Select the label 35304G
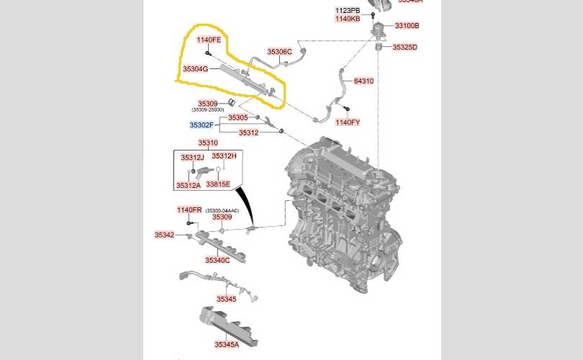click(195, 69)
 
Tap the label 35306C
click(279, 52)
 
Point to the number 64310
click(363, 81)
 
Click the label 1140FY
click(348, 122)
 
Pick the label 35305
click(238, 117)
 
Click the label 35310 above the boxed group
click(208, 143)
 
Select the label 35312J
click(193, 157)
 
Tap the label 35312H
click(224, 156)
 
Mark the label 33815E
click(218, 184)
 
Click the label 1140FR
click(190, 210)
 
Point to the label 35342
click(164, 235)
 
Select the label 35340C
click(217, 260)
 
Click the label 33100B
click(407, 26)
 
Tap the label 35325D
click(405, 48)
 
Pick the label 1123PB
click(348, 10)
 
